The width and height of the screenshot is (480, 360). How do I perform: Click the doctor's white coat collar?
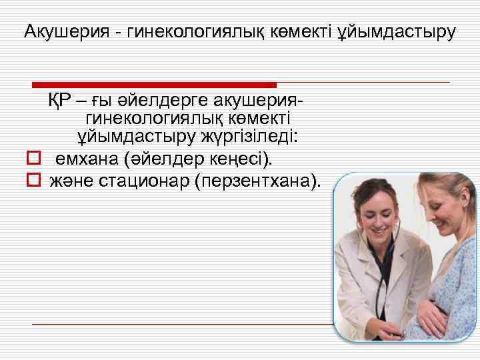[x=357, y=257]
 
